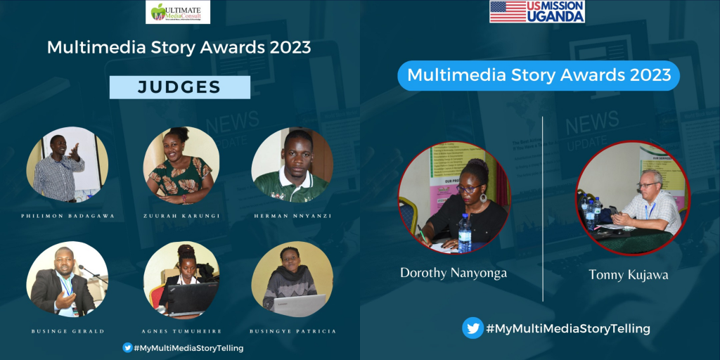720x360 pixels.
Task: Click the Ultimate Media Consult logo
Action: (x=177, y=12)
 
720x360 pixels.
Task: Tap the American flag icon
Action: (x=508, y=11)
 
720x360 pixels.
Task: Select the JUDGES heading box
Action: (x=179, y=87)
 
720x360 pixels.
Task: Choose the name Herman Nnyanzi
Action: (x=292, y=217)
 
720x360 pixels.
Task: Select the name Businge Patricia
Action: (x=292, y=330)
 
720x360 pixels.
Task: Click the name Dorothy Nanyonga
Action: (x=453, y=273)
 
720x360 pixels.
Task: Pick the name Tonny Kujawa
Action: (x=629, y=275)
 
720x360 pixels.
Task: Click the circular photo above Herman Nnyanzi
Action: (x=292, y=165)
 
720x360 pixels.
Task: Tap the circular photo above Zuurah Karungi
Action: (x=179, y=165)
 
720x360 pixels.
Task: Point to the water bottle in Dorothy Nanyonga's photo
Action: (x=464, y=234)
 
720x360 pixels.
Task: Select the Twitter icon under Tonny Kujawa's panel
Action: (x=472, y=328)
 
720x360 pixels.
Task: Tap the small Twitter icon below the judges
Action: (x=127, y=347)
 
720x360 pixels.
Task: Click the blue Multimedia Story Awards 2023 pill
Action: (x=539, y=75)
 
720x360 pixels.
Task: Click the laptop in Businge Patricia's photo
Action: (x=298, y=304)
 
